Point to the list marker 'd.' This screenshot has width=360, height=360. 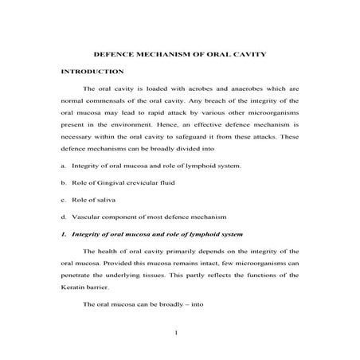pos(64,216)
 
